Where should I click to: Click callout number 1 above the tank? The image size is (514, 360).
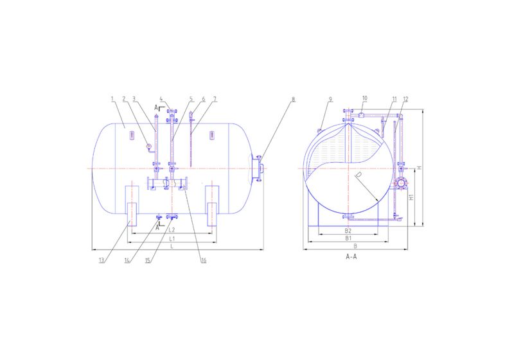tap(112, 99)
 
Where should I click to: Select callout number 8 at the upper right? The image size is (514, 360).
tap(293, 100)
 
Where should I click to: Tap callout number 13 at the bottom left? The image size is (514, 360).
tap(101, 260)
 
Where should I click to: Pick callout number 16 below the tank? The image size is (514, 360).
tap(203, 260)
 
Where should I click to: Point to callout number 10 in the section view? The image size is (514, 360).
tap(364, 99)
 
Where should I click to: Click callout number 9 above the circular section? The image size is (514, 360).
tap(330, 100)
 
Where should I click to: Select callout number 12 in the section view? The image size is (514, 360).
tap(405, 99)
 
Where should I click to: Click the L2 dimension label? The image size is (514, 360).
tap(172, 230)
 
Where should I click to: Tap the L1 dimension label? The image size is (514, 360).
tap(172, 239)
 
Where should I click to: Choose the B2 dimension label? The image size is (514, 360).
tap(348, 230)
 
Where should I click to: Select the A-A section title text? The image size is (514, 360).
tap(351, 256)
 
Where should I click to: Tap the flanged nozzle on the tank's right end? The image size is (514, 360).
tap(259, 168)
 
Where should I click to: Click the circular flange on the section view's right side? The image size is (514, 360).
tap(401, 183)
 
